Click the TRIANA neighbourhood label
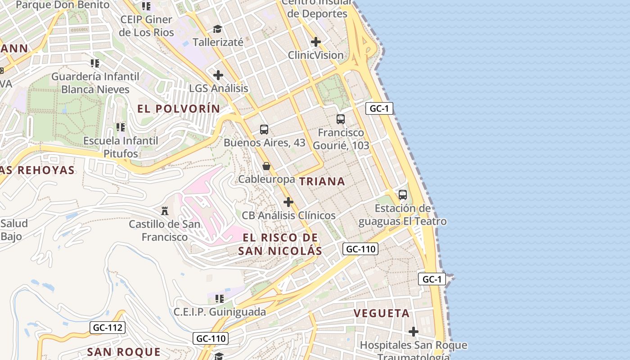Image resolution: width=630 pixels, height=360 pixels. coord(322,181)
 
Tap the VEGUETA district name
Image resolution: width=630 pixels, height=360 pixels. coord(382,313)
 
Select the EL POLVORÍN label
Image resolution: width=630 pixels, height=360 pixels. coord(179,108)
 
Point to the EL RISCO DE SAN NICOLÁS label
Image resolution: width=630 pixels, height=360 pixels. coord(280,244)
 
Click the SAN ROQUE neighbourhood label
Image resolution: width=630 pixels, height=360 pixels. coord(123,352)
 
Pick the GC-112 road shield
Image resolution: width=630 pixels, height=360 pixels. coord(108,328)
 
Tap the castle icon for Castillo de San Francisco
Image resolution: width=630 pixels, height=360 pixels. coord(165,211)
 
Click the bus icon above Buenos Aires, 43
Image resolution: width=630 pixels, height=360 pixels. coord(264,130)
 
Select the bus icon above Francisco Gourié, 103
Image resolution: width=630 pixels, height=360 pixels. coord(341,119)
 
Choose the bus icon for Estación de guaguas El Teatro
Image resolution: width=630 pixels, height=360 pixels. coord(403,195)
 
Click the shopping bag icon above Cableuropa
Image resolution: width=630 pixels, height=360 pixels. coord(266,166)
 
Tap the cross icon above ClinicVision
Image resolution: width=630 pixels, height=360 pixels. coord(316,42)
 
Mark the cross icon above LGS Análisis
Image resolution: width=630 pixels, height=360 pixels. coord(218,75)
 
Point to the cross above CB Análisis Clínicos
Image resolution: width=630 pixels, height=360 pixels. coord(288,202)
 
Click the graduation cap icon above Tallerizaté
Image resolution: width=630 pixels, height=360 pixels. coord(218,29)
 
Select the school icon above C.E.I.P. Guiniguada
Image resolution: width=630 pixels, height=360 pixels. coord(220,298)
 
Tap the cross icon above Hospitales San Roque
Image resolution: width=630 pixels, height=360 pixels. coord(414,332)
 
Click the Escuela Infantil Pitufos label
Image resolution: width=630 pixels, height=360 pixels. coord(121,147)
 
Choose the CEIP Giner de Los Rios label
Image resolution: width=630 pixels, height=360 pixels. coord(146,26)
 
